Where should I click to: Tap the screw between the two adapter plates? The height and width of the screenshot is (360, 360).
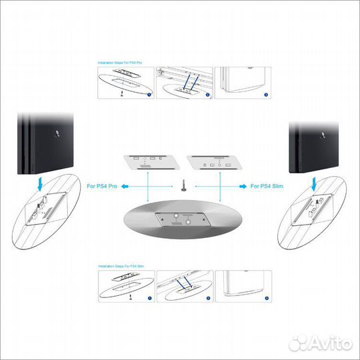click(181, 185)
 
